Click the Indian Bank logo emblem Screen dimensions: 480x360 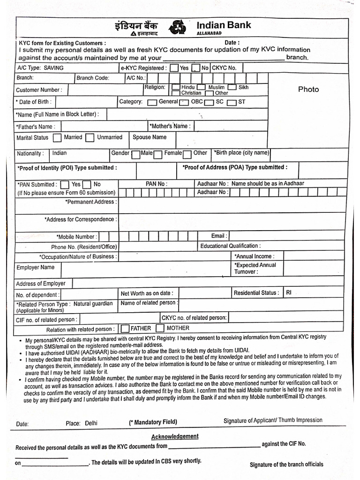point(178,27)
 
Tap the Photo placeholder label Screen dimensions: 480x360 point(308,89)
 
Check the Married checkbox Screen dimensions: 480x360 point(57,138)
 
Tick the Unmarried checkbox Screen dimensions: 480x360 point(90,138)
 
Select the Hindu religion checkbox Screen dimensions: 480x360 point(175,87)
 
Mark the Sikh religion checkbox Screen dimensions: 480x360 point(232,87)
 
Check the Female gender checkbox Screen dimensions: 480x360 point(158,154)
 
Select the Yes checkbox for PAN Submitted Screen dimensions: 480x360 point(65,185)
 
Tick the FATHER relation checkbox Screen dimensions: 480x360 point(125,329)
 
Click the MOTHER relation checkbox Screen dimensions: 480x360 point(160,329)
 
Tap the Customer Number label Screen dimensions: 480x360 point(38,90)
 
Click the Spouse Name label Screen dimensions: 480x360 point(149,137)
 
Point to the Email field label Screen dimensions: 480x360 point(219,236)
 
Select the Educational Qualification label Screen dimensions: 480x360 point(230,246)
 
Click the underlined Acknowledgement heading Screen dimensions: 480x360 point(174,436)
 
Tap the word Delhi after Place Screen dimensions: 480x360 point(91,423)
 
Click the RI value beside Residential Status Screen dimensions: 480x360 point(289,292)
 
